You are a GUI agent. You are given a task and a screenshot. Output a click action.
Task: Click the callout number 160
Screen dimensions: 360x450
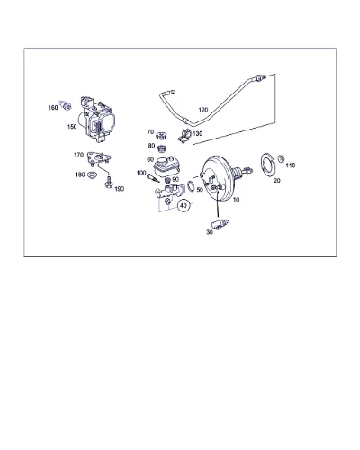[53, 108]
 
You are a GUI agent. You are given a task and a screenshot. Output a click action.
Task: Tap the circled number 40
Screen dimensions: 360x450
[184, 206]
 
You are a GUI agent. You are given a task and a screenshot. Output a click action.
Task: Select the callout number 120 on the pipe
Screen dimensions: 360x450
[203, 110]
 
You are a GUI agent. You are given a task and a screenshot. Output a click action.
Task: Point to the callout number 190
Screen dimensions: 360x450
[120, 189]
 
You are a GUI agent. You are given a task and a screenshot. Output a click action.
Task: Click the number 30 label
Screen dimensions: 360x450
[210, 232]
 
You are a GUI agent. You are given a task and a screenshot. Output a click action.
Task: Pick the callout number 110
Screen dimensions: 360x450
[291, 166]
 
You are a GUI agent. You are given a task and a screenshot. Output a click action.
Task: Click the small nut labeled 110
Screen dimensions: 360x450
[281, 158]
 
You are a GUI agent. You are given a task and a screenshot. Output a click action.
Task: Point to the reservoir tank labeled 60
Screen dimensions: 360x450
[166, 166]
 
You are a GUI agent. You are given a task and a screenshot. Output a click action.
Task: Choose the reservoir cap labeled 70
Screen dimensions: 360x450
[161, 136]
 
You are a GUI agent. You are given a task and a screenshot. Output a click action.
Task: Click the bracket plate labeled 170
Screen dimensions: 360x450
[98, 157]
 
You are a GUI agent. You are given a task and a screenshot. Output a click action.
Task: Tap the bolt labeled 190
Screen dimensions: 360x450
[108, 183]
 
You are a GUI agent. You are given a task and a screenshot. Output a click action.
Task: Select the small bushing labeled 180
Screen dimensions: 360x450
[92, 175]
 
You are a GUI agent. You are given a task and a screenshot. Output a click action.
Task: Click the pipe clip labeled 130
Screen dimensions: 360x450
[184, 135]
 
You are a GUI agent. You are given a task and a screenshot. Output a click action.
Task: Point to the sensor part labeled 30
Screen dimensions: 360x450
[220, 223]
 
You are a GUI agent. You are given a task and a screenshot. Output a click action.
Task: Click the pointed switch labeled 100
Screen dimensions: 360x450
[153, 178]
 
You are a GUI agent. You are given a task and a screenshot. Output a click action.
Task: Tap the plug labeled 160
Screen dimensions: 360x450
[66, 105]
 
